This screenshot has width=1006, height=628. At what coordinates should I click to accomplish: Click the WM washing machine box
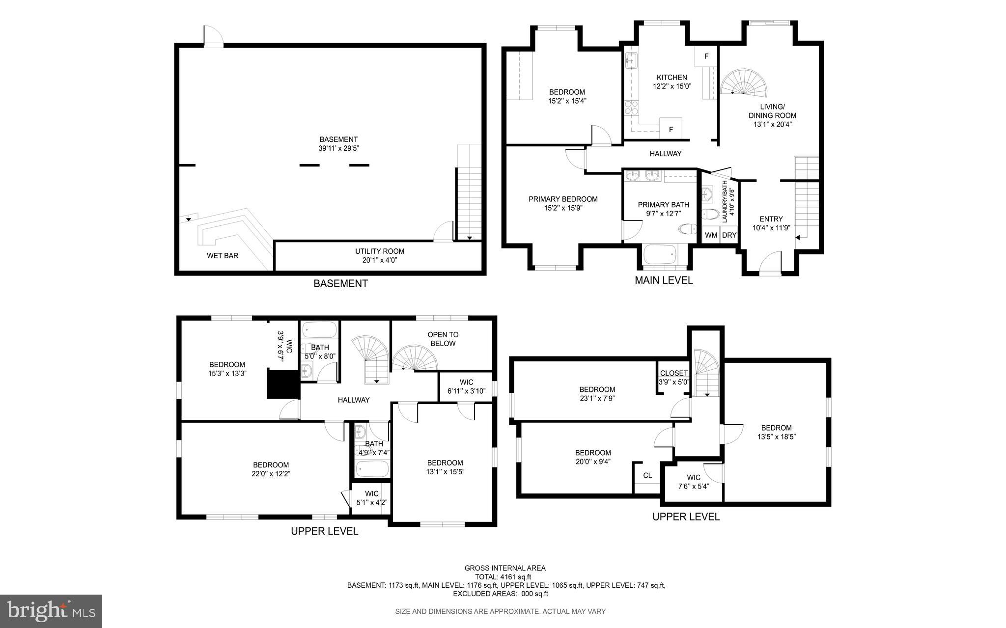pos(711,235)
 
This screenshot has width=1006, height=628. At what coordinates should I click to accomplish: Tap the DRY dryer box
pos(729,235)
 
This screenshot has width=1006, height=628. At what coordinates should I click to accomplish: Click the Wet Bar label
pos(223,255)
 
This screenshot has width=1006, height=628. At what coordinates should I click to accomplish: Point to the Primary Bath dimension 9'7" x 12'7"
pos(663,214)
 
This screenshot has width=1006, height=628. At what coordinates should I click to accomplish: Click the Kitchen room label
pos(671,78)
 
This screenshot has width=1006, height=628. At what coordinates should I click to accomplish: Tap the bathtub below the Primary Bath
pos(660,255)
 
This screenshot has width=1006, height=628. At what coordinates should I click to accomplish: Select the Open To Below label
pos(443,339)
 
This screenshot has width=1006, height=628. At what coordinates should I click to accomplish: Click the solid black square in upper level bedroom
pos(283,384)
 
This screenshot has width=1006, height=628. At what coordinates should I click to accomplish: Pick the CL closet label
pos(647,475)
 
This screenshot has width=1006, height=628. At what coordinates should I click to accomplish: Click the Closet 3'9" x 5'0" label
pos(673,378)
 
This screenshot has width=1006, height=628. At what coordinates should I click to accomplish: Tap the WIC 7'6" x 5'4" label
pos(693,482)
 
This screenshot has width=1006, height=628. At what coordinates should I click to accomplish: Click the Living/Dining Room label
pos(772,115)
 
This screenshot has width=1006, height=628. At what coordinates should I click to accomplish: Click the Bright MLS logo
pos(51,611)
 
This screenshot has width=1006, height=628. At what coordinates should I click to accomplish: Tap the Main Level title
pos(663,280)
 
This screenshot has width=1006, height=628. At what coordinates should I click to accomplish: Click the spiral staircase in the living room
pos(743,82)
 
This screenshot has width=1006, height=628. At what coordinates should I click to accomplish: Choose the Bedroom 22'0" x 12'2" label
pos(271,469)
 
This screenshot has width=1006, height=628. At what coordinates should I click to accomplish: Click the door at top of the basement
pos(213,37)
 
